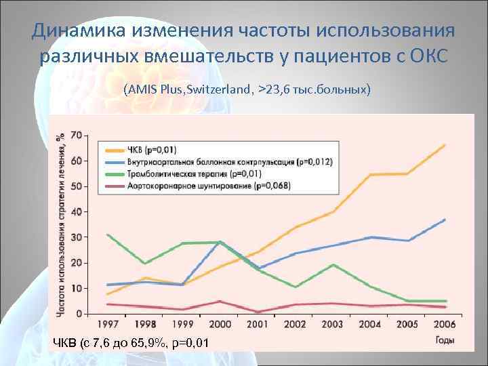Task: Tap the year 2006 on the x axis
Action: pyautogui.click(x=444, y=325)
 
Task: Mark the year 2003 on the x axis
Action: pyautogui.click(x=332, y=325)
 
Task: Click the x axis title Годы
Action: pyautogui.click(x=445, y=338)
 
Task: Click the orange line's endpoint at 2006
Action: pyautogui.click(x=445, y=145)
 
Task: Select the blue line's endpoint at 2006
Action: pyautogui.click(x=445, y=220)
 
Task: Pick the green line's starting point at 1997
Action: pyautogui.click(x=107, y=235)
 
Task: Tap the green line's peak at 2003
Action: pyautogui.click(x=332, y=264)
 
